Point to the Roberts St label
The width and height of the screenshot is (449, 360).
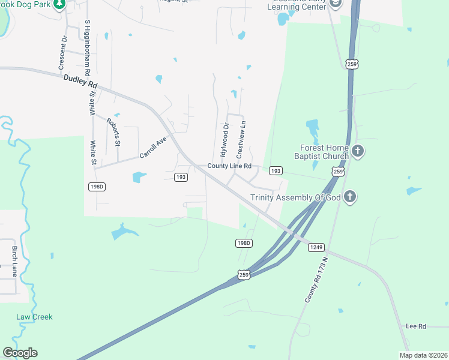coord(113,132)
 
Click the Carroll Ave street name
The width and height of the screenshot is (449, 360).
coord(152,147)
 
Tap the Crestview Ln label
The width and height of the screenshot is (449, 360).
coord(244,139)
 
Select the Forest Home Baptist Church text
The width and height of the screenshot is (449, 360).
coord(324,152)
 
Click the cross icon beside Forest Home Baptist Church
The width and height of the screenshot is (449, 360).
coord(358,151)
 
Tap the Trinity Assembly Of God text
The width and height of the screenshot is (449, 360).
coord(295,197)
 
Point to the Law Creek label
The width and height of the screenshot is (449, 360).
coord(34,317)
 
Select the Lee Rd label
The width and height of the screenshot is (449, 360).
coord(415,326)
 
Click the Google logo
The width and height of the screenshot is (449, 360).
coord(20,353)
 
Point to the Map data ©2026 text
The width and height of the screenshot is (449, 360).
coord(423,355)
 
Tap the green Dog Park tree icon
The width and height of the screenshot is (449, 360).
coord(59,5)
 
